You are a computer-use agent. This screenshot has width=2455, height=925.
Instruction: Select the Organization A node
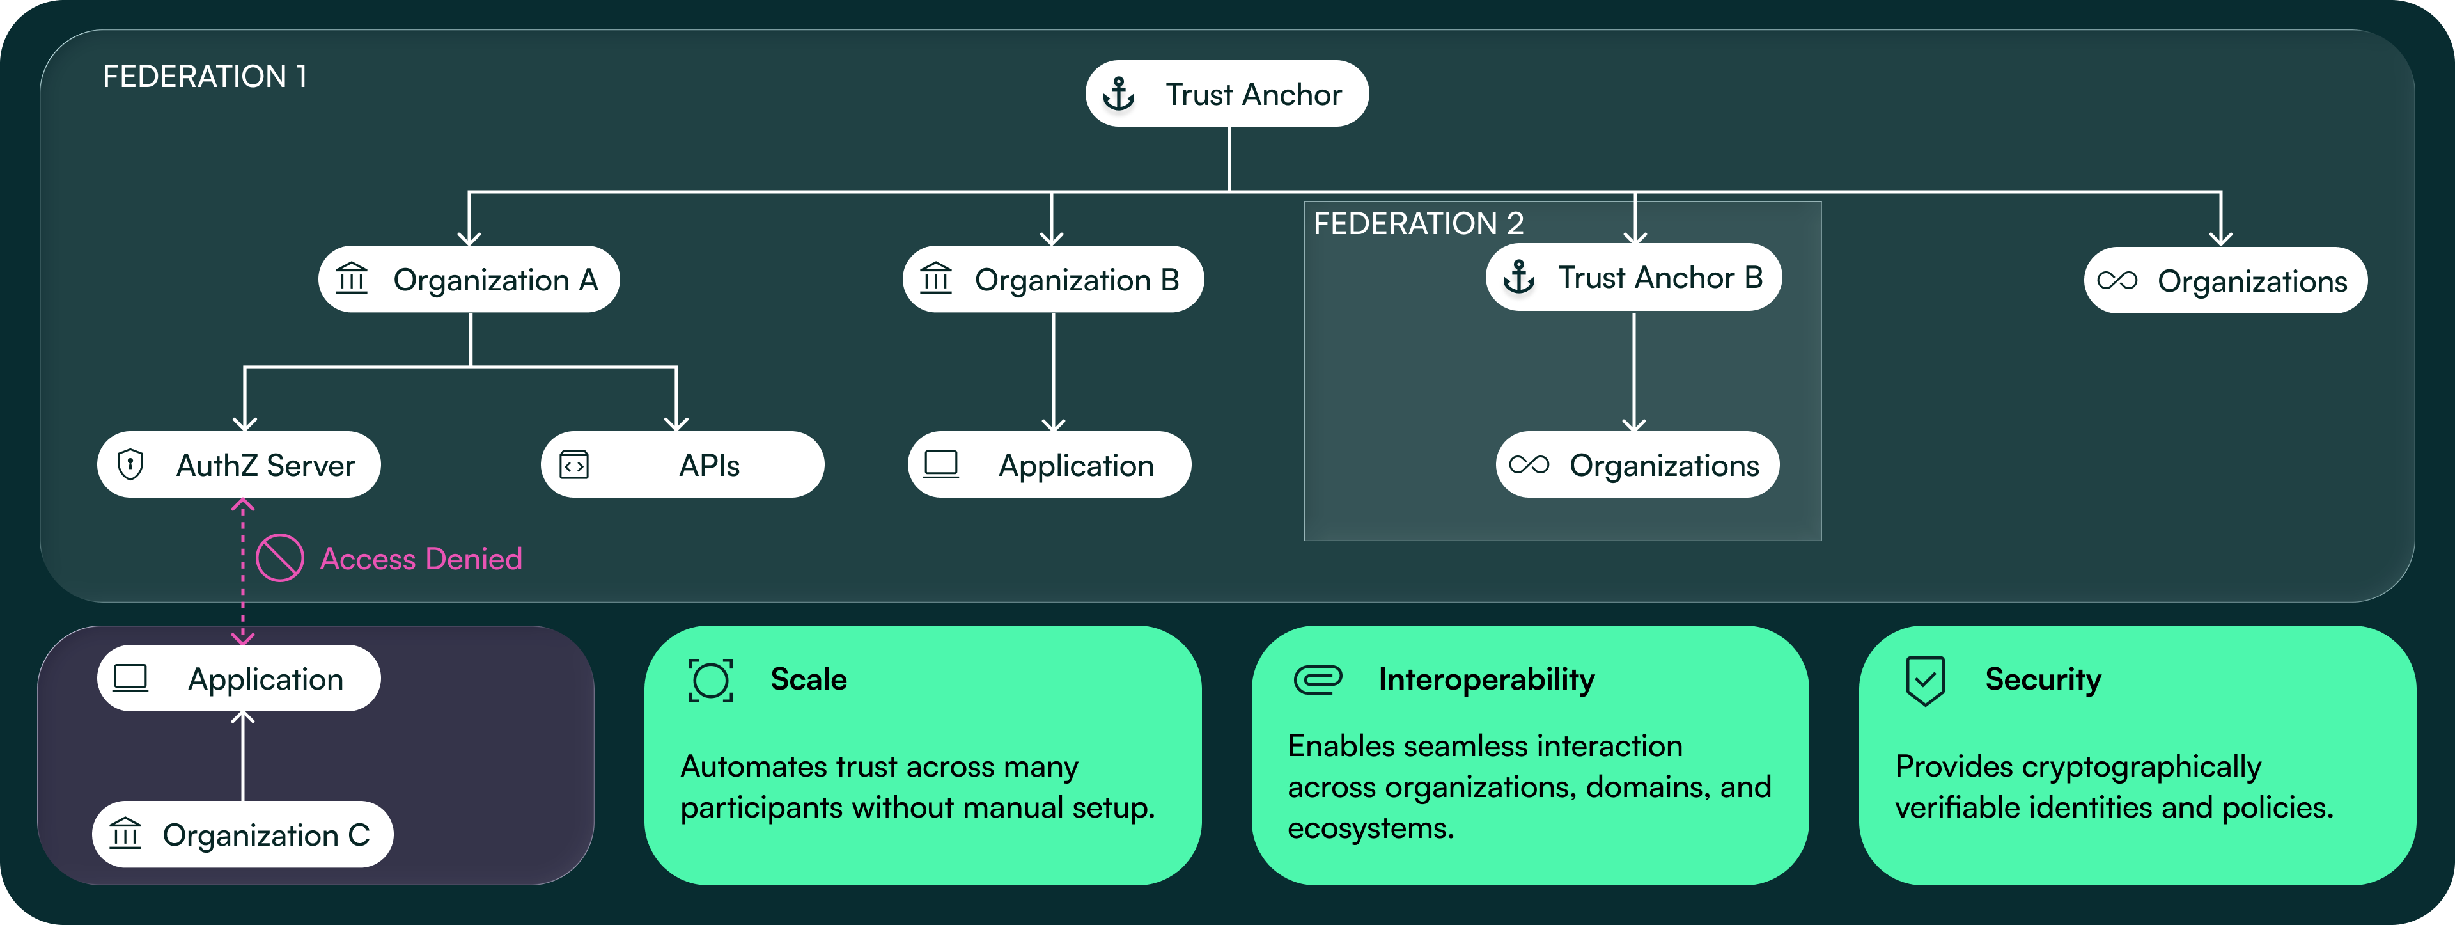pyautogui.click(x=469, y=280)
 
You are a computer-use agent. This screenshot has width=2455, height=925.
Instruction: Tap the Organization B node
pyautogui.click(x=1052, y=280)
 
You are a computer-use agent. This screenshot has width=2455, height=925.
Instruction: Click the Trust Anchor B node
pyautogui.click(x=1633, y=278)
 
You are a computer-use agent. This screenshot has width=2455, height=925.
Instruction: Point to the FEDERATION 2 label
pyautogui.click(x=1417, y=223)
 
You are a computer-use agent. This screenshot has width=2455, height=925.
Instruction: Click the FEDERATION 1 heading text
pyautogui.click(x=204, y=76)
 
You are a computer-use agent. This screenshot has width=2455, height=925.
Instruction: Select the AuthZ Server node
pyautogui.click(x=239, y=464)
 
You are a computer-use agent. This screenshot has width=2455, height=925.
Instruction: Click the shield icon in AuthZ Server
pyautogui.click(x=130, y=464)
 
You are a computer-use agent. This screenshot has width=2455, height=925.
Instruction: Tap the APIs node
pyautogui.click(x=682, y=464)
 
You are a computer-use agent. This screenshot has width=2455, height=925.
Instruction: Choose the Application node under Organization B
pyautogui.click(x=1049, y=464)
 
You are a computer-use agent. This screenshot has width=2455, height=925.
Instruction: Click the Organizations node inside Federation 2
pyautogui.click(x=1637, y=464)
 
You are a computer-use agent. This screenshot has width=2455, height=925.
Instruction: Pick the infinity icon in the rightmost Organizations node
pyautogui.click(x=2117, y=280)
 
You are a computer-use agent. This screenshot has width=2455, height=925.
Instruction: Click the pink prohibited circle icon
pyautogui.click(x=280, y=558)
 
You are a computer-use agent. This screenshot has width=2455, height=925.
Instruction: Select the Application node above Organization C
pyautogui.click(x=239, y=678)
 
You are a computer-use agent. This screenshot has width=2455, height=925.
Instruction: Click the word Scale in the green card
pyautogui.click(x=808, y=679)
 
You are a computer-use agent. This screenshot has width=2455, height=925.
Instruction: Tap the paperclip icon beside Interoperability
pyautogui.click(x=1318, y=680)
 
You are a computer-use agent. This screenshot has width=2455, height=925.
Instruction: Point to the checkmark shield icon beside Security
pyautogui.click(x=1924, y=680)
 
